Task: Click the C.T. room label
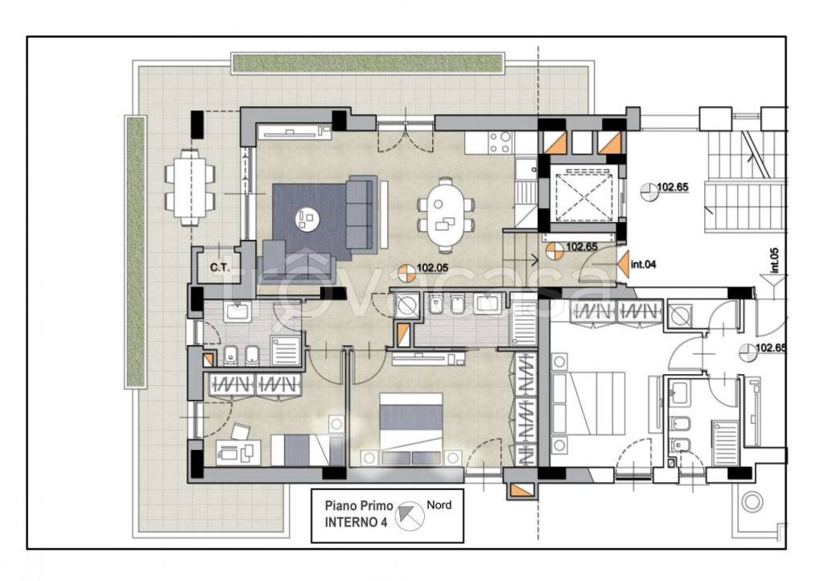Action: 220,267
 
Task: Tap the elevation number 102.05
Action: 432,268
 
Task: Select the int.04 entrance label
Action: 643,264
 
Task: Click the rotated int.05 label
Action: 774,261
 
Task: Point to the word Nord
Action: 439,505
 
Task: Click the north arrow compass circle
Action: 410,515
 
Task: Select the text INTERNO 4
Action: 356,523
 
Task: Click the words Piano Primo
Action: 359,506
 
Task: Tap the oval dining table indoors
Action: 446,216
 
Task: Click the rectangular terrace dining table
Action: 190,187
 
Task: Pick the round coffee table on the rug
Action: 307,219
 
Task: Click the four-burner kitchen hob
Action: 500,142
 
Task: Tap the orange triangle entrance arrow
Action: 623,264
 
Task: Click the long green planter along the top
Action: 367,63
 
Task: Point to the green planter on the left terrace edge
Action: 135,252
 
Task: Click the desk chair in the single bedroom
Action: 241,432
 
